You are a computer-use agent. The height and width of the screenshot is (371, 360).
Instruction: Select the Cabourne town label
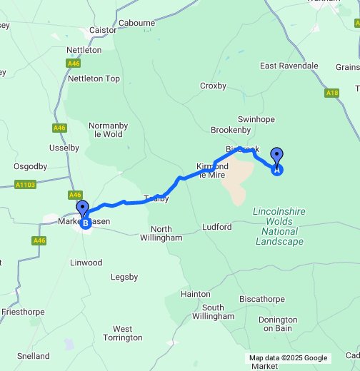tap(136, 23)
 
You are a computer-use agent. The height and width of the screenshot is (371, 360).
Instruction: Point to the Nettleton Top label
tap(94, 78)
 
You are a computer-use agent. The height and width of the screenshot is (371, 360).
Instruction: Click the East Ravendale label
tap(289, 66)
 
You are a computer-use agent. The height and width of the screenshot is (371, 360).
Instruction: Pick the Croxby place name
tap(213, 86)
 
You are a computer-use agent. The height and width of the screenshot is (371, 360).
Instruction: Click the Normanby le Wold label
tap(107, 129)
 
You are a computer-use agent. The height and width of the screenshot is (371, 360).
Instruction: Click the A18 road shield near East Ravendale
tap(331, 92)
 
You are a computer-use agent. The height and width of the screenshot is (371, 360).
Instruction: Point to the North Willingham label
tap(161, 233)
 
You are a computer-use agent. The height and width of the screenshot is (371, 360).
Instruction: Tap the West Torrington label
tap(122, 333)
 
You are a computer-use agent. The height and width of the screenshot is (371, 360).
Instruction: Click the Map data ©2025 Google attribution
tap(288, 357)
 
